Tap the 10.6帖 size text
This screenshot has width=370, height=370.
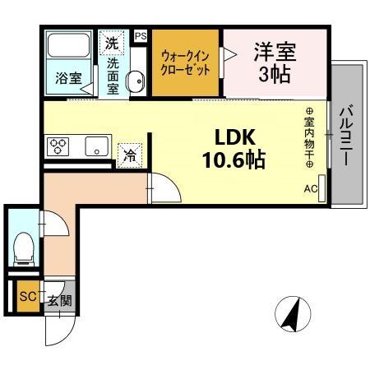pyautogui.click(x=234, y=159)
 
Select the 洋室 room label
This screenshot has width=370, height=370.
pyautogui.click(x=274, y=52)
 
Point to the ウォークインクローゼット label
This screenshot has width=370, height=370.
pyautogui.click(x=185, y=62)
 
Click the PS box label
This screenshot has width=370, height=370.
pyautogui.click(x=140, y=36)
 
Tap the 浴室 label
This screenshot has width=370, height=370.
pyautogui.click(x=67, y=79)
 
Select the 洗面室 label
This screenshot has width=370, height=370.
pyautogui.click(x=114, y=75)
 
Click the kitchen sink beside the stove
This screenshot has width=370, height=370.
pyautogui.click(x=95, y=148)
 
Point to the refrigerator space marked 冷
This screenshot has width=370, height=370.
pyautogui.click(x=129, y=154)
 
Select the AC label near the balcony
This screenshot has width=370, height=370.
pyautogui.click(x=311, y=189)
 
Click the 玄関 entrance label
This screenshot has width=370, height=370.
pyautogui.click(x=58, y=300)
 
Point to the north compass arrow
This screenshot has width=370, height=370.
pyautogui.click(x=290, y=315)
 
